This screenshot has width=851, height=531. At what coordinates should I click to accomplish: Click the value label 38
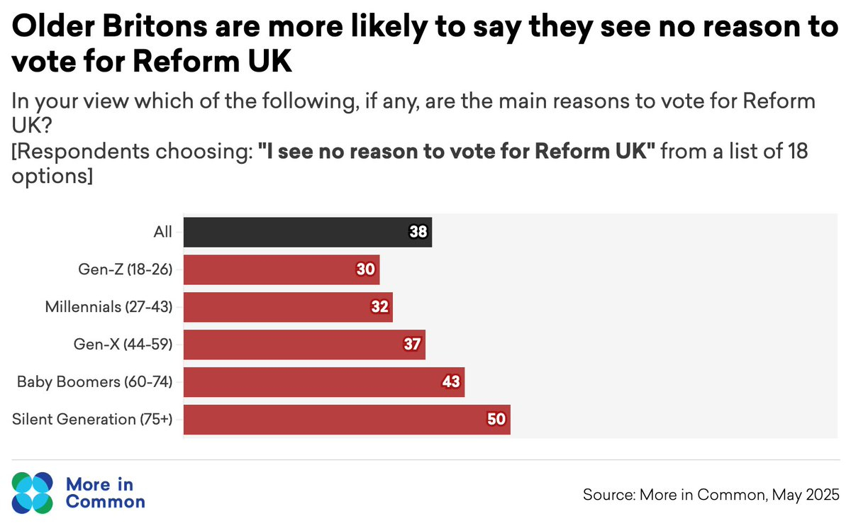click(420, 232)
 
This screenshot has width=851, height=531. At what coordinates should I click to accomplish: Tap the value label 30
click(367, 269)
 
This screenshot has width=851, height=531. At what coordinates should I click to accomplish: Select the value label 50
click(496, 420)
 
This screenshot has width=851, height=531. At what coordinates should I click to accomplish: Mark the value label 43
click(452, 382)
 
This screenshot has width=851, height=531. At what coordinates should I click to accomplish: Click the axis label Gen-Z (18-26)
click(126, 269)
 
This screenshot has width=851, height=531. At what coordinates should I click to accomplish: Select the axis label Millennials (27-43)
click(109, 307)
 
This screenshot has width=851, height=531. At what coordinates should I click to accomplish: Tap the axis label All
click(162, 232)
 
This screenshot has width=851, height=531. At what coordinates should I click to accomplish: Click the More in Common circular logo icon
click(32, 492)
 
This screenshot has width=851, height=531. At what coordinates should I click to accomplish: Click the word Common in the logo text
click(105, 502)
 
